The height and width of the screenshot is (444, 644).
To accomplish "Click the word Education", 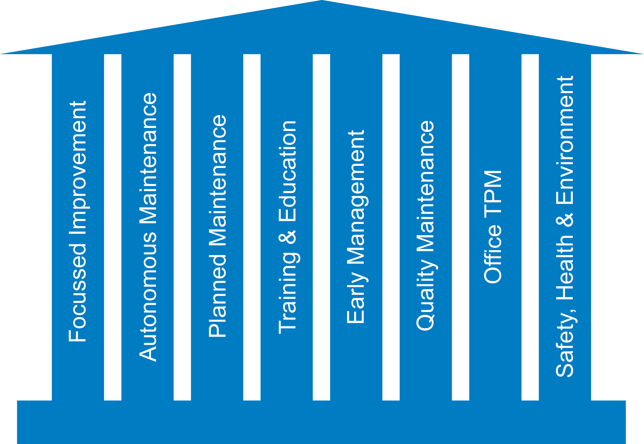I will (288, 171).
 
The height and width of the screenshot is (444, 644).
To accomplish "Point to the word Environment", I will (565, 140).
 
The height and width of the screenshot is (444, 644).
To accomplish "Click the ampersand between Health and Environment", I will (565, 220).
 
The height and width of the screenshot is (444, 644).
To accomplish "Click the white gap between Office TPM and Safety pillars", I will (530, 222).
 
